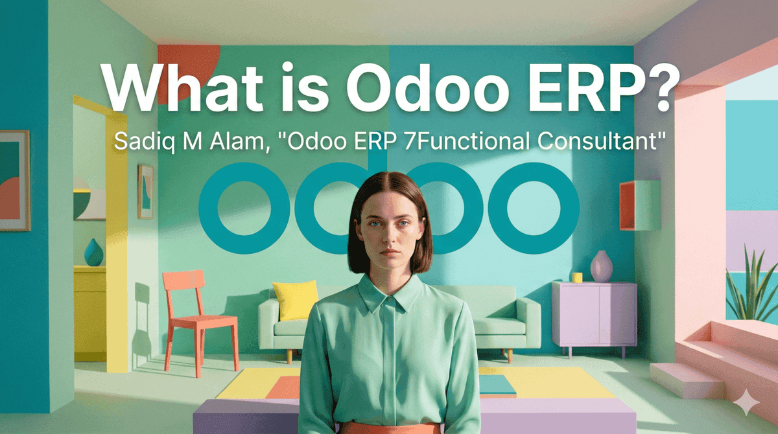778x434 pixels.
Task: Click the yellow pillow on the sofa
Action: pos(296,300)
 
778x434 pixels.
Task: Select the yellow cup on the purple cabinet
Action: pos(576,277)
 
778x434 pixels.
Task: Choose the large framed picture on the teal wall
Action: pos(14,180)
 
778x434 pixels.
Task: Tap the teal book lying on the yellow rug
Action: pos(497,385)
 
